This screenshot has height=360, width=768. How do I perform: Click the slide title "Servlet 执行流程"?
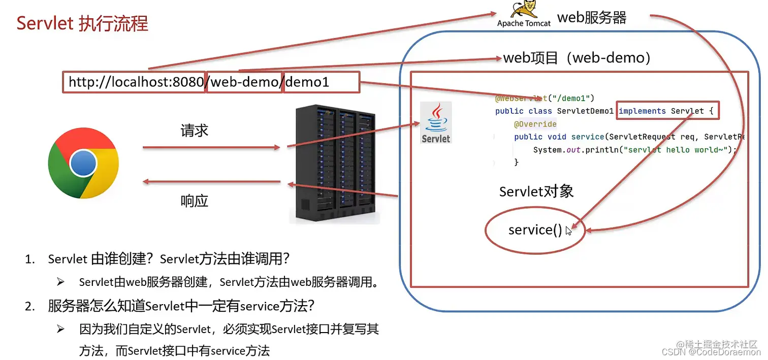82,23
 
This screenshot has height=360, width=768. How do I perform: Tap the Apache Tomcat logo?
523,14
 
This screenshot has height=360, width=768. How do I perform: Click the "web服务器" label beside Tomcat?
592,18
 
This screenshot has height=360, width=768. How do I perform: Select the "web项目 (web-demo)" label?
577,58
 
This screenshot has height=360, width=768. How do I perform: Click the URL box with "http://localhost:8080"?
135,82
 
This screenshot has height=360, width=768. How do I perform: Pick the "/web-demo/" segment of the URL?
244,82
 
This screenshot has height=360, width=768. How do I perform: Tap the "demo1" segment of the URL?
321,82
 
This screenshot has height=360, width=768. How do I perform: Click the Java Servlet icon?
436,122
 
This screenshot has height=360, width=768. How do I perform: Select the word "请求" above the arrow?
195,130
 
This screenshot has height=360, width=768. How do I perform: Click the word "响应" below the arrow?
195,201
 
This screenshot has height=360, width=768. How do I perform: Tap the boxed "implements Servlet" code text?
667,111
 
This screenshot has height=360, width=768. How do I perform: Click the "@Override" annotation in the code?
535,124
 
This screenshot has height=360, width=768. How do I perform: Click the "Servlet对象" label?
536,191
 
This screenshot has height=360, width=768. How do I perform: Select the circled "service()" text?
535,230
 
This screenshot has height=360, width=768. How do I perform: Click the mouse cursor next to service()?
568,231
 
